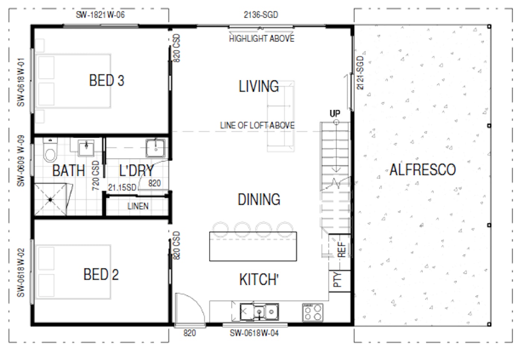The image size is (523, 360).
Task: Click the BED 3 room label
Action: click(106, 81)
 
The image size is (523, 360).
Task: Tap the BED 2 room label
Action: click(101, 275)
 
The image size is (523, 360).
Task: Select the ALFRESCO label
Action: click(423, 170)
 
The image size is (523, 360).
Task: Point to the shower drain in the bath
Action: click(50, 200)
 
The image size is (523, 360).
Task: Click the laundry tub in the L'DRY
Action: click(156, 148)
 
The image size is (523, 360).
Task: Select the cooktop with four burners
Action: click(313, 313)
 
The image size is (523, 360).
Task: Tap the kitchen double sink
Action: click(259, 311)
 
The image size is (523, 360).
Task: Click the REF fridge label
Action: click(341, 249)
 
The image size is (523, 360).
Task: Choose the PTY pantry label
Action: click(337, 279)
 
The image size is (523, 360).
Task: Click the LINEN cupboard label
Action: click(138, 206)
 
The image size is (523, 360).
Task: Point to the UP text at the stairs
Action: click(335, 113)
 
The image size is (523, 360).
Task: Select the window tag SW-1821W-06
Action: click(100, 15)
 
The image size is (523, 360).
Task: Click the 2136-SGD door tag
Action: click(261, 15)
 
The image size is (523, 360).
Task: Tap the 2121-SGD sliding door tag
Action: click(360, 73)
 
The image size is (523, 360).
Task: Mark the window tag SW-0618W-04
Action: click(254, 333)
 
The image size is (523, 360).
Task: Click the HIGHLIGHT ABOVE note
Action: click(261, 39)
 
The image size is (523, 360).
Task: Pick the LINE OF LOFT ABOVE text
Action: click(257, 126)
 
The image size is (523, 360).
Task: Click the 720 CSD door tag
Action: click(96, 175)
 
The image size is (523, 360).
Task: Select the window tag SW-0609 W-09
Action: click(21, 161)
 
